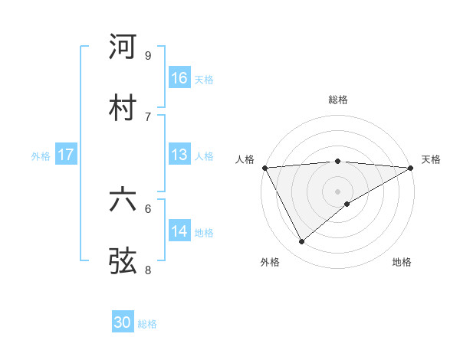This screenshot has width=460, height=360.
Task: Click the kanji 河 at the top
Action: tap(123, 47)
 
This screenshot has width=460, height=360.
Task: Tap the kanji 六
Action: tap(123, 200)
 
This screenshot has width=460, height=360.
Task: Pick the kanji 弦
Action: tap(123, 260)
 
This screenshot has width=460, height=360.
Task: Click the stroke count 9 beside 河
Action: tap(148, 56)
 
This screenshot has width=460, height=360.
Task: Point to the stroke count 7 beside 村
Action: tap(148, 116)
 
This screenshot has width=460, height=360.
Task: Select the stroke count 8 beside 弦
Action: tap(148, 269)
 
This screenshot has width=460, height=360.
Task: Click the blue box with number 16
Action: tap(179, 78)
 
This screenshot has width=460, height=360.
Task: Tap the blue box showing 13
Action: tap(179, 155)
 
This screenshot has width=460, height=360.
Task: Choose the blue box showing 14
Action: tap(179, 231)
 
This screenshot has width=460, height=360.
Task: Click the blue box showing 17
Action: tap(66, 155)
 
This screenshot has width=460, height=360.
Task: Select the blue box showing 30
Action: tap(123, 322)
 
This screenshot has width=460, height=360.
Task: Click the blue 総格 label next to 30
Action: tap(147, 324)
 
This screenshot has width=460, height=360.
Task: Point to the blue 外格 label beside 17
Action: tap(41, 155)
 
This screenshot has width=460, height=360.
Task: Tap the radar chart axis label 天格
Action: tap(431, 159)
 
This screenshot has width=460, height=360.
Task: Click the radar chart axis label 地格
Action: tap(402, 262)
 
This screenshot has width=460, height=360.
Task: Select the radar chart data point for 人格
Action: tap(264, 167)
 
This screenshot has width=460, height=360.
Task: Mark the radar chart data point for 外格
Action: tap(301, 241)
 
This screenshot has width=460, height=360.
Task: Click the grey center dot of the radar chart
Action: tap(337, 191)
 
